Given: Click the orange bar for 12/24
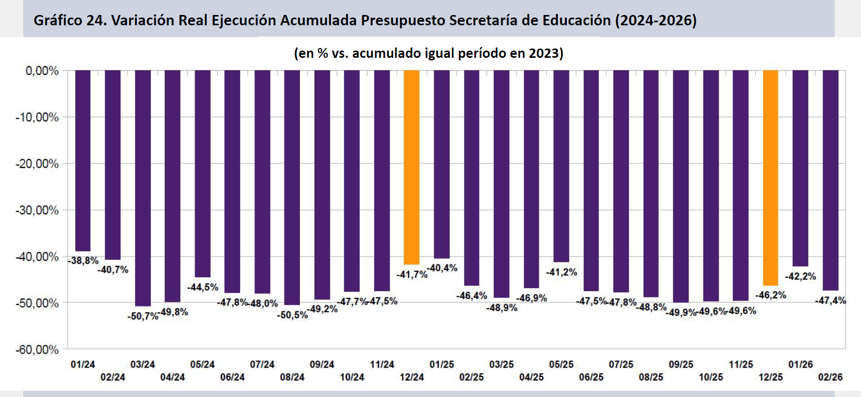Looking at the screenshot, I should (x=411, y=167).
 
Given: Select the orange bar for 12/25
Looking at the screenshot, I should (x=770, y=178).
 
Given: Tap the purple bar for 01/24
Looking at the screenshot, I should (x=83, y=161).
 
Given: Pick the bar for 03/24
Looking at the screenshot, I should (x=142, y=188).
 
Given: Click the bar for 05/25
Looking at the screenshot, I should (x=561, y=166).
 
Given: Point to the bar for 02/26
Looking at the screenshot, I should (x=830, y=180).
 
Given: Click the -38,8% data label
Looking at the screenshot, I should (x=83, y=261).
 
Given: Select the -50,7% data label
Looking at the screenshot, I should (x=143, y=316).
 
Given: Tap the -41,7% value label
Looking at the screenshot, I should (x=412, y=275).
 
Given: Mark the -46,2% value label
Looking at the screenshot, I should (x=771, y=295).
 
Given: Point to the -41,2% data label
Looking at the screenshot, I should (x=562, y=272).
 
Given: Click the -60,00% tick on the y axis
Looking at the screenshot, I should (x=37, y=350).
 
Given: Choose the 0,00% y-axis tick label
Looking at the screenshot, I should (x=42, y=71).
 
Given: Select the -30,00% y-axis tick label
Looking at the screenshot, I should (x=37, y=210).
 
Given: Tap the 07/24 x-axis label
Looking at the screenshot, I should (x=262, y=364).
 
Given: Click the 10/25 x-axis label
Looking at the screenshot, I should (x=711, y=377).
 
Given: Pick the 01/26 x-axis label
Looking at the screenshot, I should (x=801, y=364).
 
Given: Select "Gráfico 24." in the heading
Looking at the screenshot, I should (x=70, y=21).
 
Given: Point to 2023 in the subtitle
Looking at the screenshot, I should (x=544, y=53).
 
